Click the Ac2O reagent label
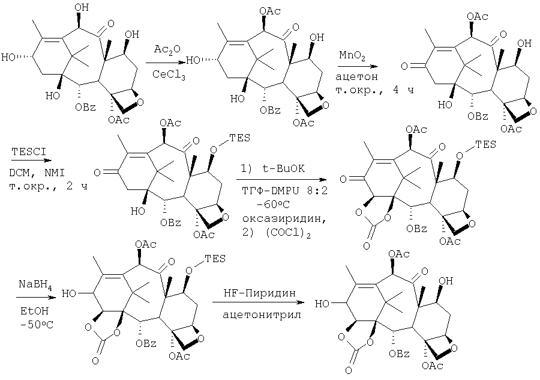click(x=167, y=49)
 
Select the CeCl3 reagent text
click(x=169, y=75)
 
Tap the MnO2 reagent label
click(x=352, y=55)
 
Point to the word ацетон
click(x=356, y=76)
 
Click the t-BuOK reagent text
click(x=273, y=169)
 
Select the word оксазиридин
click(x=284, y=218)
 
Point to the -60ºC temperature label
click(x=273, y=204)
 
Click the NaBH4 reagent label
click(x=35, y=285)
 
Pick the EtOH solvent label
click(x=34, y=311)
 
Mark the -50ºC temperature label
click(x=37, y=325)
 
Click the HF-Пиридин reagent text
click(x=259, y=293)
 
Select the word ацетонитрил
click(x=262, y=315)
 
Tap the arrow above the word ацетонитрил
click(x=258, y=302)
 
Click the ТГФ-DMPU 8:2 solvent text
click(x=284, y=190)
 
